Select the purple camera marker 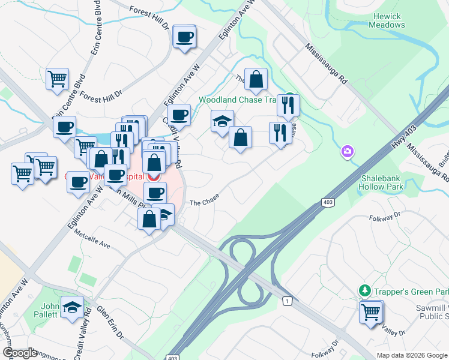pos(347,152)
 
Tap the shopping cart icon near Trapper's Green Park pos(371,311)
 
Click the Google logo pos(19,353)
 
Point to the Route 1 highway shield pos(288,300)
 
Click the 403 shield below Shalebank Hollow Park pos(327,203)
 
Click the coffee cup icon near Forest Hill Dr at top pos(184,37)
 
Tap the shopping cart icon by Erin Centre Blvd pos(58,79)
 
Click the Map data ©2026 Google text pos(412,355)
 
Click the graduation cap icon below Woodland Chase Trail pos(221,121)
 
